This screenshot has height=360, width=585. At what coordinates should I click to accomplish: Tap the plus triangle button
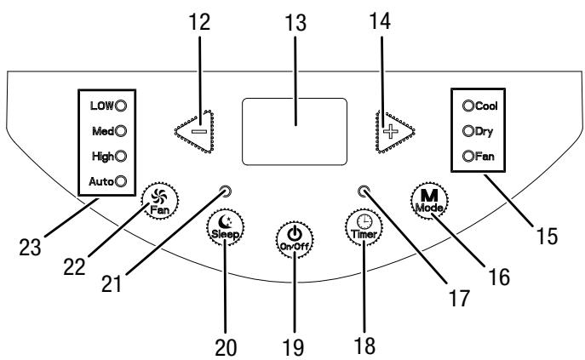point(393,131)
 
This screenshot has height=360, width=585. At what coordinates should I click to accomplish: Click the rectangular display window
point(295,131)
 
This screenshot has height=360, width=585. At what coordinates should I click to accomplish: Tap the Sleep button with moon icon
point(225,227)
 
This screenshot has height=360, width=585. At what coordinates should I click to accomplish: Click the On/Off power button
point(295,239)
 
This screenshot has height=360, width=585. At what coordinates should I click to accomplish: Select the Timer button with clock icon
point(364,227)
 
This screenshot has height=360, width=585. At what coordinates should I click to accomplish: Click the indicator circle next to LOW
point(121,106)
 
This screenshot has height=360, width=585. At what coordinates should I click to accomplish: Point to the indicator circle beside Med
point(121,131)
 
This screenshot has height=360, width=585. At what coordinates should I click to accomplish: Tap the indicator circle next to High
point(121,156)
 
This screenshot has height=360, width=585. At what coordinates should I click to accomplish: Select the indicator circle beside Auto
point(121,181)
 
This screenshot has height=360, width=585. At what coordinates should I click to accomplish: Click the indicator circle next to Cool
point(468,106)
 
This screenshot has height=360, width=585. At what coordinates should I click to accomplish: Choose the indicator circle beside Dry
point(468,131)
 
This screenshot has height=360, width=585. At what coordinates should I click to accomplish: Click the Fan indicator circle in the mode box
point(468,156)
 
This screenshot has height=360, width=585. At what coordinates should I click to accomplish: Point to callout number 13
point(295,22)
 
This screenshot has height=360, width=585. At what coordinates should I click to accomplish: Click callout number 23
point(30,248)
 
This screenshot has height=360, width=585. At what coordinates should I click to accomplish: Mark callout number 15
point(547,236)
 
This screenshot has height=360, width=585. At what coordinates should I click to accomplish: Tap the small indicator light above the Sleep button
point(227,191)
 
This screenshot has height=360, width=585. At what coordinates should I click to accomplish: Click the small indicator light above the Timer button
point(363,191)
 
